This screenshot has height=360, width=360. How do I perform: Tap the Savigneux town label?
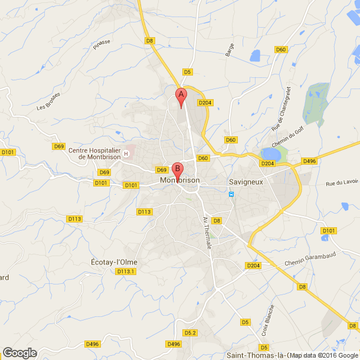click(x=246, y=181)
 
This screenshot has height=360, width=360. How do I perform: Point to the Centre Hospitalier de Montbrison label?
click(x=94, y=154)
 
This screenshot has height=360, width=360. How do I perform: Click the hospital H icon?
click(x=126, y=154)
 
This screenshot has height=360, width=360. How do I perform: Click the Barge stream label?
click(x=230, y=50)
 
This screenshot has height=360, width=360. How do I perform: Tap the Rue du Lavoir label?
click(x=342, y=184)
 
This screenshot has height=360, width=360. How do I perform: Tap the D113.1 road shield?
click(x=126, y=271)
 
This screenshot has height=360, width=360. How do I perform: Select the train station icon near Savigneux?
click(x=231, y=194)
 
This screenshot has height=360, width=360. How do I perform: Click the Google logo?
click(x=19, y=353)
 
